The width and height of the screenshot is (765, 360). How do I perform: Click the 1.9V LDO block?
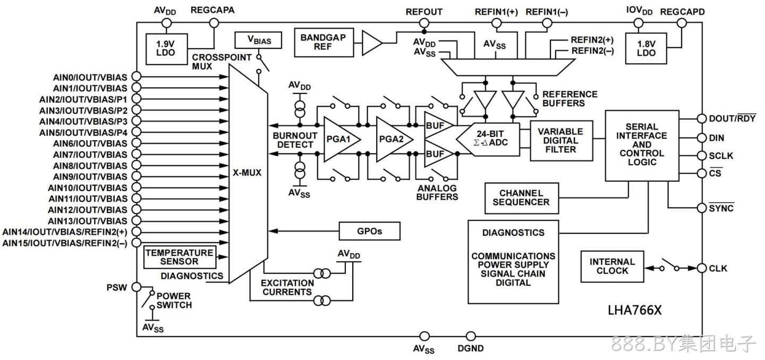point(166,49)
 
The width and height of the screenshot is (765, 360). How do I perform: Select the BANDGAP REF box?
point(324,42)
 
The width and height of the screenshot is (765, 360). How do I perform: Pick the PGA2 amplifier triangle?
point(394,139)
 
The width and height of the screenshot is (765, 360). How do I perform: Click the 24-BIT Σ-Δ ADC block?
point(488,139)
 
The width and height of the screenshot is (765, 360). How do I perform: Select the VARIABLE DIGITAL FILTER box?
point(561,141)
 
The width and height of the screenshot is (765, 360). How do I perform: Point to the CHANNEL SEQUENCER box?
point(522,198)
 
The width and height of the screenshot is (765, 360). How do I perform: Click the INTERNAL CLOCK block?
point(612,267)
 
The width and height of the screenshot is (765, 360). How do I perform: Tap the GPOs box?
point(369,231)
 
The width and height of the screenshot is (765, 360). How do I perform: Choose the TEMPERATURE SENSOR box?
point(180,257)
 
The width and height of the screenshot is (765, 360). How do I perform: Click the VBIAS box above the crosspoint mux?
point(258,40)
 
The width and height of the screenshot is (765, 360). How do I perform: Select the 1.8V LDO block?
point(646,48)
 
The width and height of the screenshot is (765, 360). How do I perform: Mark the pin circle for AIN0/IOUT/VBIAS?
point(136,76)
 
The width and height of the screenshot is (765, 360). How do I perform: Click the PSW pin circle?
point(136,287)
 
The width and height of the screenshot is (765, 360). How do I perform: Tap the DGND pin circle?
point(471,337)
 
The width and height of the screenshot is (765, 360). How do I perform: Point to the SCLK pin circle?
point(701,156)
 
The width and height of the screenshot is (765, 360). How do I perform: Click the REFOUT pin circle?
point(424,23)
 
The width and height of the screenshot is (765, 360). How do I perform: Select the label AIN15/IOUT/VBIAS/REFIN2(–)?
point(65,243)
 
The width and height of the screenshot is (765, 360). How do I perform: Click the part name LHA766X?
point(634,310)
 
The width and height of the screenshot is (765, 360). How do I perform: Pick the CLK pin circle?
point(701,268)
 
